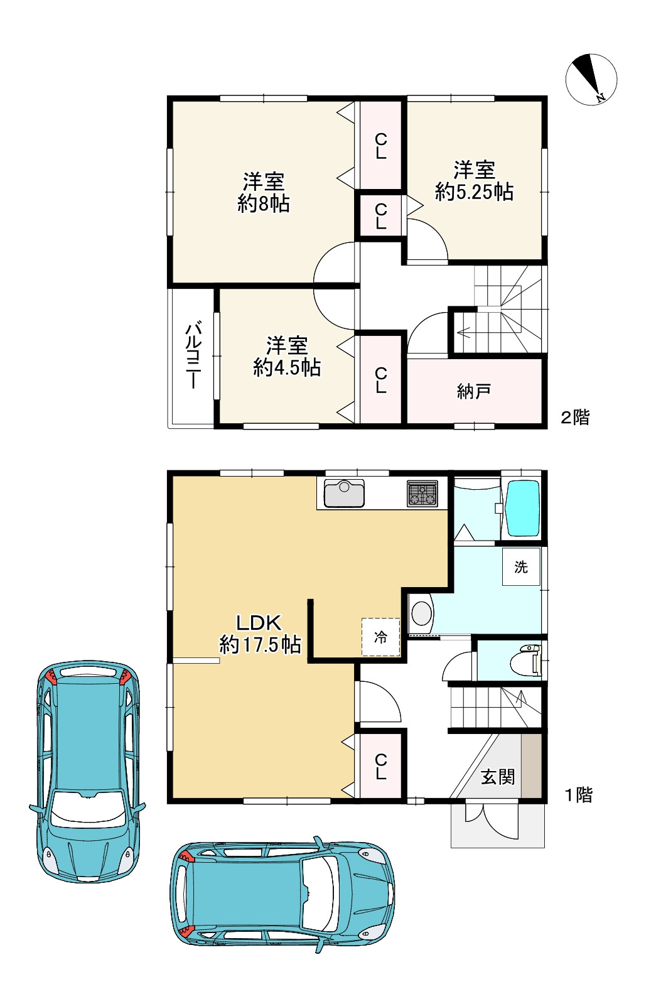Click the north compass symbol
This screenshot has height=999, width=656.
(x=591, y=79)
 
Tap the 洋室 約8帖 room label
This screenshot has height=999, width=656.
(x=263, y=192)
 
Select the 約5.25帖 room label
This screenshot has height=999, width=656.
(x=474, y=192)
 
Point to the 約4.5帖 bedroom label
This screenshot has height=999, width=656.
(x=287, y=368)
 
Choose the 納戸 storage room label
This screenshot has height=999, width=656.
(x=473, y=391)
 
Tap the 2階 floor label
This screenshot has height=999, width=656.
(x=575, y=418)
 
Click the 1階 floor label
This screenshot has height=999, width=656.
(x=578, y=795)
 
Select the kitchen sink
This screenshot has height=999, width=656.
(x=344, y=494)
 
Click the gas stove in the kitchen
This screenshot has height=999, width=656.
(x=422, y=494)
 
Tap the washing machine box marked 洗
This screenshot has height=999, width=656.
(x=521, y=566)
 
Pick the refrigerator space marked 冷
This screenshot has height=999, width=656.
(x=380, y=637)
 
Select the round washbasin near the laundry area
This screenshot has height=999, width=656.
(x=421, y=613)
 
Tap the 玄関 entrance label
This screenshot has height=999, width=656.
(x=498, y=777)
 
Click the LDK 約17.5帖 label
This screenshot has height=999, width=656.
(x=260, y=634)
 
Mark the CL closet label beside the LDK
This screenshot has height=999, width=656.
(x=380, y=767)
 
